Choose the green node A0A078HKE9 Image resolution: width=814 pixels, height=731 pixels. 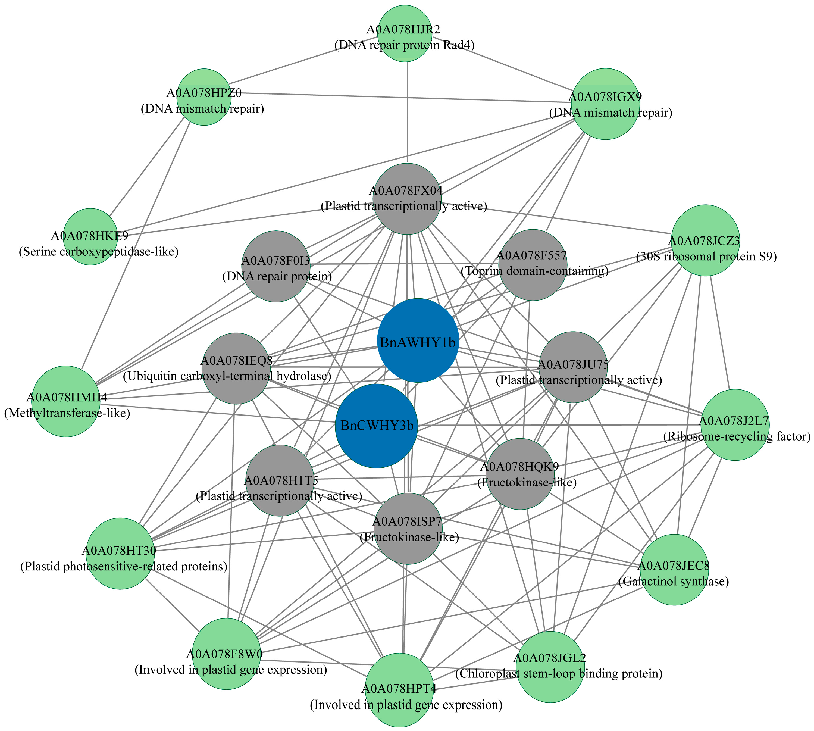click(x=91, y=237)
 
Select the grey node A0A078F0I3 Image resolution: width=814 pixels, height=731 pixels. click(x=276, y=266)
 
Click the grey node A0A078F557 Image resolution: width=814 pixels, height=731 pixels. click(x=533, y=265)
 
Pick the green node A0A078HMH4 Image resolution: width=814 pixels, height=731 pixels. click(x=66, y=401)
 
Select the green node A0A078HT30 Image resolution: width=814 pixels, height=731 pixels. click(x=120, y=554)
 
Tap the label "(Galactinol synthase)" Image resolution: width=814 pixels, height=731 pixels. click(x=674, y=582)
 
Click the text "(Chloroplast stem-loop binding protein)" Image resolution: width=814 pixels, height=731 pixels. click(x=559, y=674)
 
